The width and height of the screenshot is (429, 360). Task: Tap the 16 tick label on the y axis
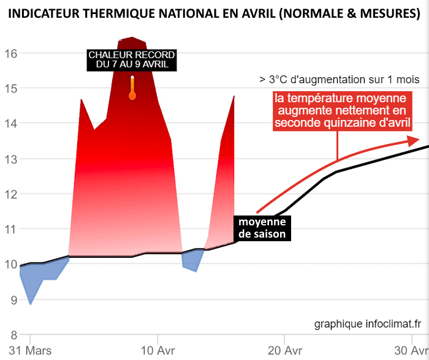10,53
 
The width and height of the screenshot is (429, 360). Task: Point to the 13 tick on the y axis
10,159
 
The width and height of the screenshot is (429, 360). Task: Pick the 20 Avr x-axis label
284,351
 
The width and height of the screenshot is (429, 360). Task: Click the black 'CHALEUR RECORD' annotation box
132,59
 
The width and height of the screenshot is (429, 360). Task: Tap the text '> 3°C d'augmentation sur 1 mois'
339,80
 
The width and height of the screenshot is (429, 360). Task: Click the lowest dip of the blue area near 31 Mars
31,303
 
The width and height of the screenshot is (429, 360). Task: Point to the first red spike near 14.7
81,100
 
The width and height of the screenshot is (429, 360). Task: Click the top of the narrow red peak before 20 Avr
233,97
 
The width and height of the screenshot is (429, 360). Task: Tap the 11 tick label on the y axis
10,229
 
